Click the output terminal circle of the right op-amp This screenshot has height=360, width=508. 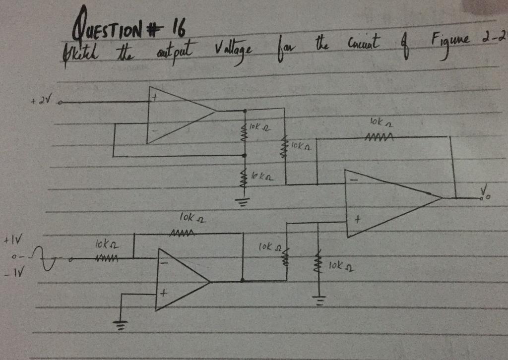(x=481, y=198)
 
